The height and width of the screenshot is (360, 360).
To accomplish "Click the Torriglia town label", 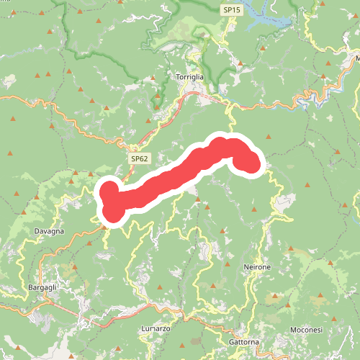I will click(x=192, y=76).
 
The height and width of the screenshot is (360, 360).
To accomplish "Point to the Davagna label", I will click(x=49, y=231).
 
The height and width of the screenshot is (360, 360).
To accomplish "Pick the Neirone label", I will click(x=257, y=267).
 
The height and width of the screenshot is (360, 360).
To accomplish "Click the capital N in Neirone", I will click(x=246, y=267).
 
